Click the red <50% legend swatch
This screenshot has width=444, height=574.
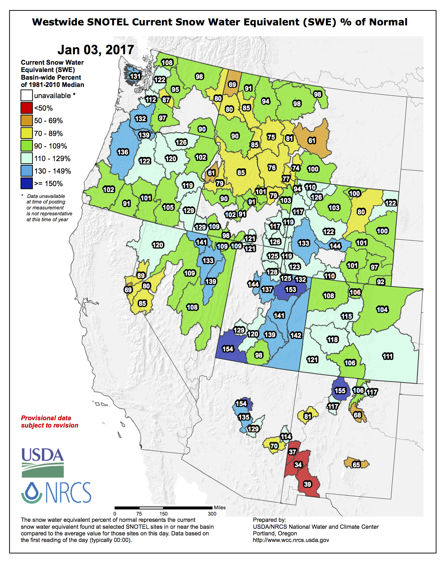(26, 108)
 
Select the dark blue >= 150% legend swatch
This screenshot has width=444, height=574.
(26, 183)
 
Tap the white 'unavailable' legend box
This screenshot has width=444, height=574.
(26, 95)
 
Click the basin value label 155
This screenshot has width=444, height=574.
(340, 391)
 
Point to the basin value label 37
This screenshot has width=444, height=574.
(293, 452)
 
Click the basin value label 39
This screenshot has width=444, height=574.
(307, 484)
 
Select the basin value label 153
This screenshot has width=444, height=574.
(290, 289)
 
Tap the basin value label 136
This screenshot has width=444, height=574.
(123, 152)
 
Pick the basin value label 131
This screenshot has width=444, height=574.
(135, 76)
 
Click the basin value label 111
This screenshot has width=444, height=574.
(388, 356)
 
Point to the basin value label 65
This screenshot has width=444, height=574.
(356, 465)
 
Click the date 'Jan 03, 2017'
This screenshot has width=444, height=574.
(96, 50)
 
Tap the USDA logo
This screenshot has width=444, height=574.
(42, 463)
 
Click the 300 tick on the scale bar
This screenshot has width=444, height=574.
(212, 513)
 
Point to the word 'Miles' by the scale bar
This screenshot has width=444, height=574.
(219, 508)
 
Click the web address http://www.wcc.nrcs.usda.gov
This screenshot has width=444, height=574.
(291, 540)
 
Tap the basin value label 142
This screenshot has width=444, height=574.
(296, 335)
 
